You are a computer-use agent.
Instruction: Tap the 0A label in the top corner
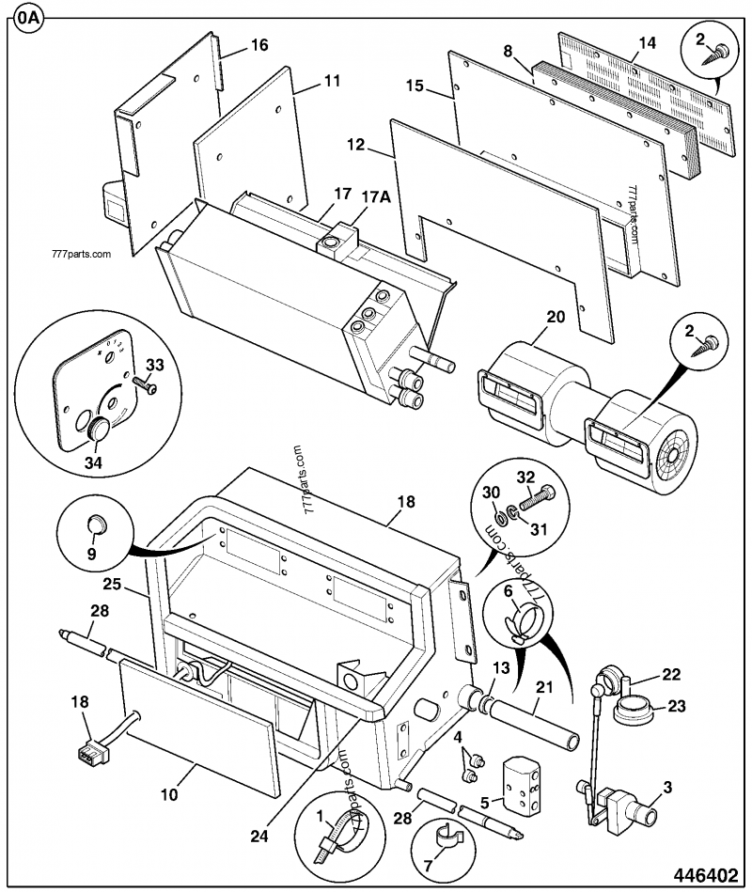click(26, 19)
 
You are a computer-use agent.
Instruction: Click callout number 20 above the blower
click(556, 318)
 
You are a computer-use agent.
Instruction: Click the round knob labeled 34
click(100, 433)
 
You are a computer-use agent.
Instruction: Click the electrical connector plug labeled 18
click(89, 752)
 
